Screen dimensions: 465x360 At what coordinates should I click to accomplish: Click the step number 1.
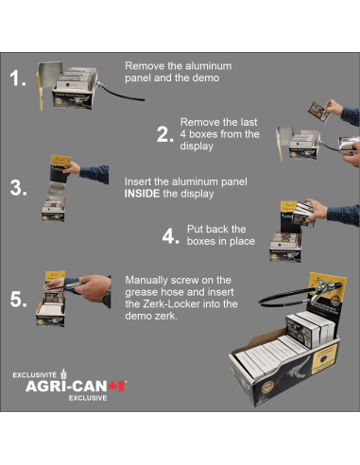[19, 79]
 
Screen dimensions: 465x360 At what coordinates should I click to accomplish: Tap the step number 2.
[165, 134]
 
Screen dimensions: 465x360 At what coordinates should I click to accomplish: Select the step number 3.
[19, 187]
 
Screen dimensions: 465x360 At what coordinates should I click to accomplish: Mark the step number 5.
[19, 301]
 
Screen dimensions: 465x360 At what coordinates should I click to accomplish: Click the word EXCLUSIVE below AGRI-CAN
[86, 398]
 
